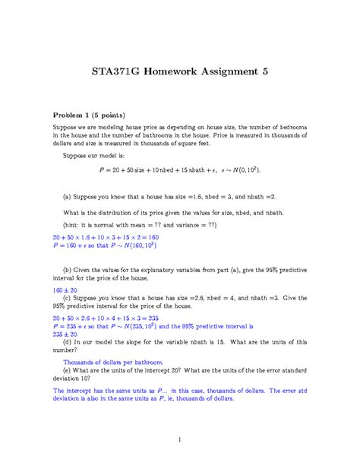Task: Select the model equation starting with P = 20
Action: pyautogui.click(x=180, y=170)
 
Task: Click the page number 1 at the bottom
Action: pyautogui.click(x=180, y=439)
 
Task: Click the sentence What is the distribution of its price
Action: pyautogui.click(x=179, y=214)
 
